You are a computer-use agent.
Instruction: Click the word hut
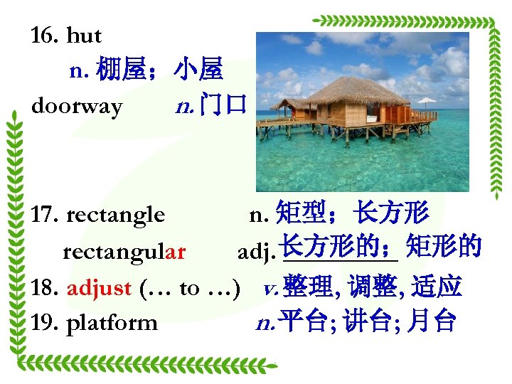click(84, 36)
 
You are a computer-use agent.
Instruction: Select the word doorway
click(77, 107)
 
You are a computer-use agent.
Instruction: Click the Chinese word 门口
click(223, 107)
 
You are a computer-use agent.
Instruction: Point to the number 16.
click(45, 36)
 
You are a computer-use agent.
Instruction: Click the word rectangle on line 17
click(115, 214)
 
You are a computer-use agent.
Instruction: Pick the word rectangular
click(124, 252)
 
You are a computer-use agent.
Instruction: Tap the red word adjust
click(99, 288)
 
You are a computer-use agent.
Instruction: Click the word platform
click(112, 323)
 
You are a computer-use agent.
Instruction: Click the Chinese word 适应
click(439, 287)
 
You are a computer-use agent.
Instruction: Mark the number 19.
click(45, 323)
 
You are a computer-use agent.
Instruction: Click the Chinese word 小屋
click(198, 70)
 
